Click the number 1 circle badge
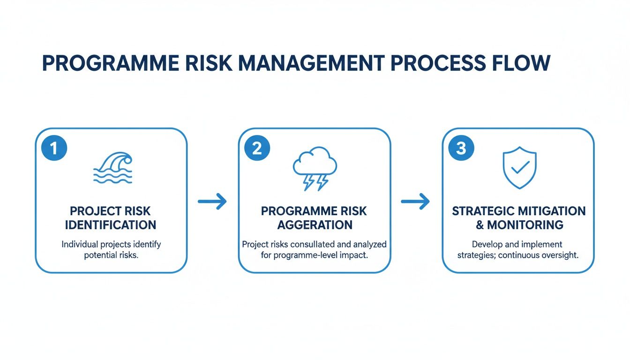pos(54,148)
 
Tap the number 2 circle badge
pos(257,148)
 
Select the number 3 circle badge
pos(461,148)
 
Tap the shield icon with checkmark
pos(519,168)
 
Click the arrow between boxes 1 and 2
pos(212,202)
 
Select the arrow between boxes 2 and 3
pos(415,202)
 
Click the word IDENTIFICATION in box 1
pos(111,225)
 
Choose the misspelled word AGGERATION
pos(315,225)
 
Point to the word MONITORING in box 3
pos(525,225)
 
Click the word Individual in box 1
pos(80,245)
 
